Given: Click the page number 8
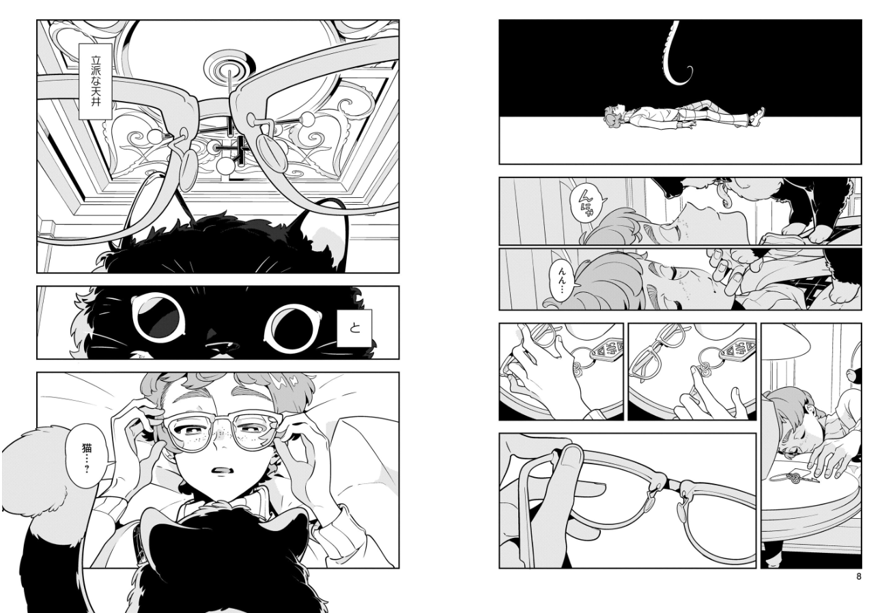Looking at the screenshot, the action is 858,576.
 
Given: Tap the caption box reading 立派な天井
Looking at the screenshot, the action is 96,81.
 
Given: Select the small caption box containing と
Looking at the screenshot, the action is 354,328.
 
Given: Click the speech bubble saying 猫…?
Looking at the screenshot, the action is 86,457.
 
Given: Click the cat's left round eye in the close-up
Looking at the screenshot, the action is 158,317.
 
